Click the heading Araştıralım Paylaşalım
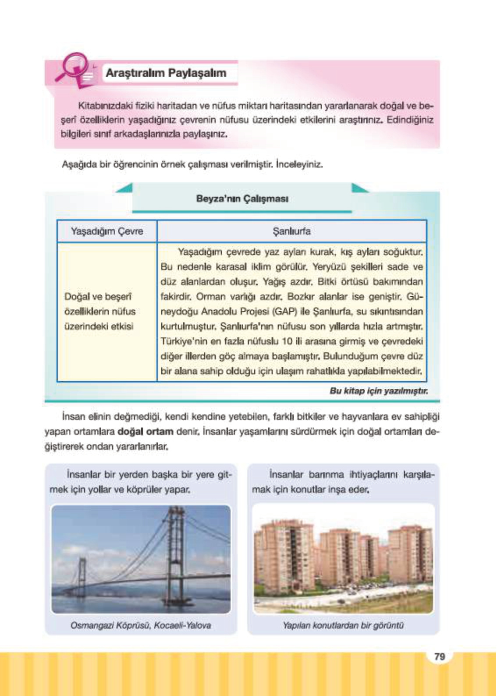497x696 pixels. pos(166,73)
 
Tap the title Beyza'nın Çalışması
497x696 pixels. pos(242,199)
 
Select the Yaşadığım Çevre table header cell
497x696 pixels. pos(107,231)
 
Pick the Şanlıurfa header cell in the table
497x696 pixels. pos(291,231)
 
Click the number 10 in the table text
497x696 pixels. pos(287,341)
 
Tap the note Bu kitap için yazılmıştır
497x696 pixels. pos(379,391)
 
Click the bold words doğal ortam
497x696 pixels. pos(146,431)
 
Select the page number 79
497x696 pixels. pos(439,657)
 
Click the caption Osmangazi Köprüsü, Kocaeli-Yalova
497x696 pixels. pos(141,625)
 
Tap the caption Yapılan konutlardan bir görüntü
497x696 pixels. pos(343,625)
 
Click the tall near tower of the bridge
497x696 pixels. pos(177,552)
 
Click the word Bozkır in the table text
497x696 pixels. pos(302,297)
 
